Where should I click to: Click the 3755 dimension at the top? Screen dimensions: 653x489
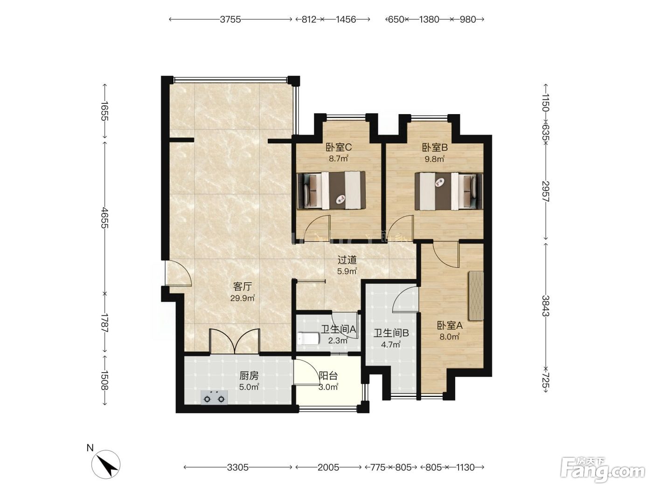[x=230, y=19]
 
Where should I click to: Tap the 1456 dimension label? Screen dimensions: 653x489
[x=346, y=19]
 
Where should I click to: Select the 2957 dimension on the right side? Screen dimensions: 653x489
[x=545, y=191]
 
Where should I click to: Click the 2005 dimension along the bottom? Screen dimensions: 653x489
[x=328, y=468]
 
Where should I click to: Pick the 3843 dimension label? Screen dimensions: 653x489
[x=545, y=306]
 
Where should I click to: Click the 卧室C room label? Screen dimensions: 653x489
[x=339, y=147]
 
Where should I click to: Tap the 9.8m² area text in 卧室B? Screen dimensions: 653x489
[x=434, y=159]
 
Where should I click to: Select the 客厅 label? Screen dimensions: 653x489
[x=243, y=286]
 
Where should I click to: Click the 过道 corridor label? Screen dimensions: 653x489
[x=347, y=260]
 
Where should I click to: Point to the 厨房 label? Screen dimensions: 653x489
[x=249, y=376]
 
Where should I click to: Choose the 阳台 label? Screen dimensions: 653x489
[x=328, y=376]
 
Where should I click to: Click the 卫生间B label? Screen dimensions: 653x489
[x=391, y=333]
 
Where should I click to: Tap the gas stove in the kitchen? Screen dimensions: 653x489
[x=214, y=397]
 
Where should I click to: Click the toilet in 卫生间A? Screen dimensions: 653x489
[x=308, y=338]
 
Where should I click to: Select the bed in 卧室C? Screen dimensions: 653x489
[x=331, y=190]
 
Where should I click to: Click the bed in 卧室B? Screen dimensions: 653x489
[x=449, y=191]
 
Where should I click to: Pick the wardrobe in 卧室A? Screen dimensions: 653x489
[x=476, y=296]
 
